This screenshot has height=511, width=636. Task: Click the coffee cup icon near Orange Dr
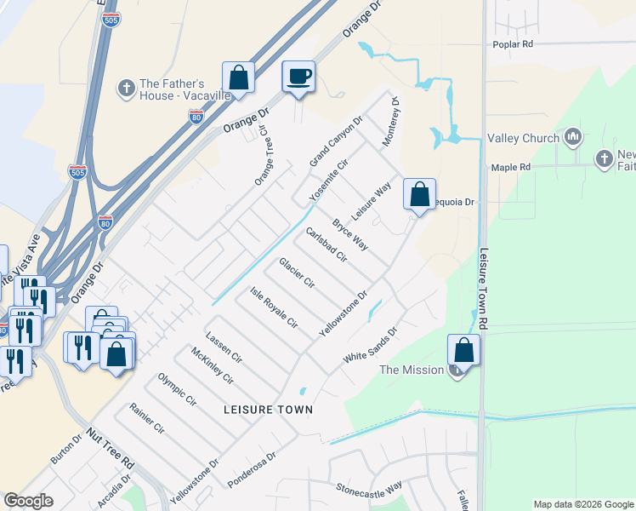pos(298,77)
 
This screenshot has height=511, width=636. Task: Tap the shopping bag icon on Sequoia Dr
pos(419,194)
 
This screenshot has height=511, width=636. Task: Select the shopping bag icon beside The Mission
pos(463,350)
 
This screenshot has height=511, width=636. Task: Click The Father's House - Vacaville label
pos(185,89)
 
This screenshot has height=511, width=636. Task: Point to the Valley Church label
pos(523,138)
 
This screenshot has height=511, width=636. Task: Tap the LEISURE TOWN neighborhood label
pos(268,410)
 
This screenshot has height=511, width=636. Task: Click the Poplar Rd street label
pos(513,44)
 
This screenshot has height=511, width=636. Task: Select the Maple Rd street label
pos(511,167)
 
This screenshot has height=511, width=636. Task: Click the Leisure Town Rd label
pos(486,290)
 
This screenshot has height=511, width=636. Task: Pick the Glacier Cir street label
pos(297,273)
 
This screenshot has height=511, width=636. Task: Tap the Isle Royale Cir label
pos(273,307)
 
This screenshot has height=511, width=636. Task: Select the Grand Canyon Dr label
pos(335,141)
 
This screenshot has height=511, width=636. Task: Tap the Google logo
pos(29,501)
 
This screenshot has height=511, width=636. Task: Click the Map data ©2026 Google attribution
pos(583,504)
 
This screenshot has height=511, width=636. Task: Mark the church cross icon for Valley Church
pos(572,137)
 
